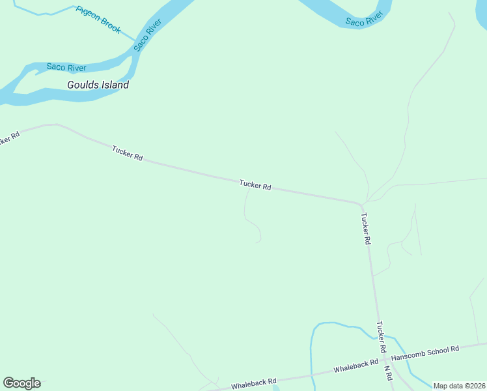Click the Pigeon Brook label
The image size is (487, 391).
[98, 20]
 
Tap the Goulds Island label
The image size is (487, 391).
[98, 85]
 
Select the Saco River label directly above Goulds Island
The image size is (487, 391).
[66, 67]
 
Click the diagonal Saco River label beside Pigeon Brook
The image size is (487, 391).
[148, 36]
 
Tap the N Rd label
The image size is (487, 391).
[387, 373]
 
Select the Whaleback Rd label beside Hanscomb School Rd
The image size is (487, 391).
[355, 366]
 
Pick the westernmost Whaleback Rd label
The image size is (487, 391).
[254, 382]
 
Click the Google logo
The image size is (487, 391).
[21, 383]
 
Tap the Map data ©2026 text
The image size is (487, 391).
[460, 386]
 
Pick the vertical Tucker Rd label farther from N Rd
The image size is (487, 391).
[366, 228]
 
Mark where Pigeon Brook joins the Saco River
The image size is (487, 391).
[135, 40]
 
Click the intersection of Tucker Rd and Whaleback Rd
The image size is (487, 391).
[384, 358]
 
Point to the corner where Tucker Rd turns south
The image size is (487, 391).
[360, 203]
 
